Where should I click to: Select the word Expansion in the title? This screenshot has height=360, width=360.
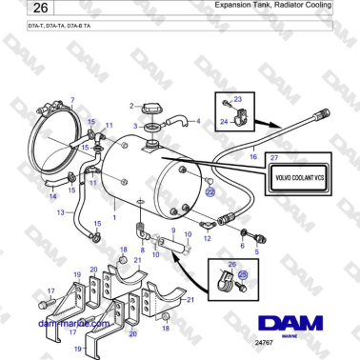[235, 6]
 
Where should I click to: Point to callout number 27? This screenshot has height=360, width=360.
[274, 156]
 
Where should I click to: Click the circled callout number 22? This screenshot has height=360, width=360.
[211, 191]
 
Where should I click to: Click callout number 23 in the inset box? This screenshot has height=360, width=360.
[238, 99]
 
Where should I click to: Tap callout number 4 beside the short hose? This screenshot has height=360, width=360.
[197, 121]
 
